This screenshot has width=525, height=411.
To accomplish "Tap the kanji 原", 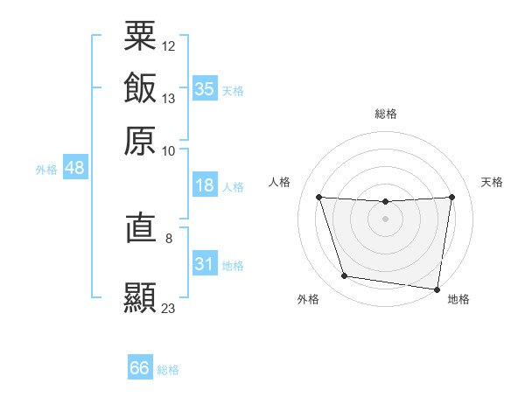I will (140, 140).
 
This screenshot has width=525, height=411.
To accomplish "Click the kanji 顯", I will (140, 297).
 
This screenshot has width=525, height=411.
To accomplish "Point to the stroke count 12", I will (169, 45).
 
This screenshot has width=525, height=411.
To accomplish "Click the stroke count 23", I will (169, 308).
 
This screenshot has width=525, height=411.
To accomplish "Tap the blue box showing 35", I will (205, 89).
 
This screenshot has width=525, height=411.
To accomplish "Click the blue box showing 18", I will (205, 185).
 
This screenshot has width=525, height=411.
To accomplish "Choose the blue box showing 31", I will (205, 264).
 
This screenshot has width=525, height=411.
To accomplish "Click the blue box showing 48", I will (74, 168).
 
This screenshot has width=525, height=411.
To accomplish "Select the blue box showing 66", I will (140, 368).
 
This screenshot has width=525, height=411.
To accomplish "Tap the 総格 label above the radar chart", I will (386, 114).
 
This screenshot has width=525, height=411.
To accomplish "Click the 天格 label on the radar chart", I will (493, 182).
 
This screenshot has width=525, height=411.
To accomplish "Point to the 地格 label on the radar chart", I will (458, 299).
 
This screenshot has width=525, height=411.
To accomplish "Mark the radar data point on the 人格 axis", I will (319, 198).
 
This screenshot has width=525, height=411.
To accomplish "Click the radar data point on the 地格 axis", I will (437, 289).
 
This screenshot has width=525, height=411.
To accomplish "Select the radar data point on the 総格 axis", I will (386, 202).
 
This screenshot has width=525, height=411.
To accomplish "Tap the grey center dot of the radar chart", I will (386, 218).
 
